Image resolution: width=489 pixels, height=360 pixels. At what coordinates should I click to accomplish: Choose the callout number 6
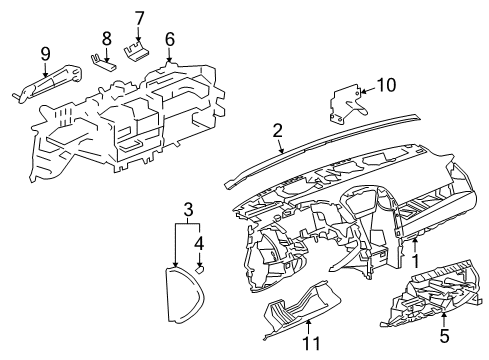(169, 39)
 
